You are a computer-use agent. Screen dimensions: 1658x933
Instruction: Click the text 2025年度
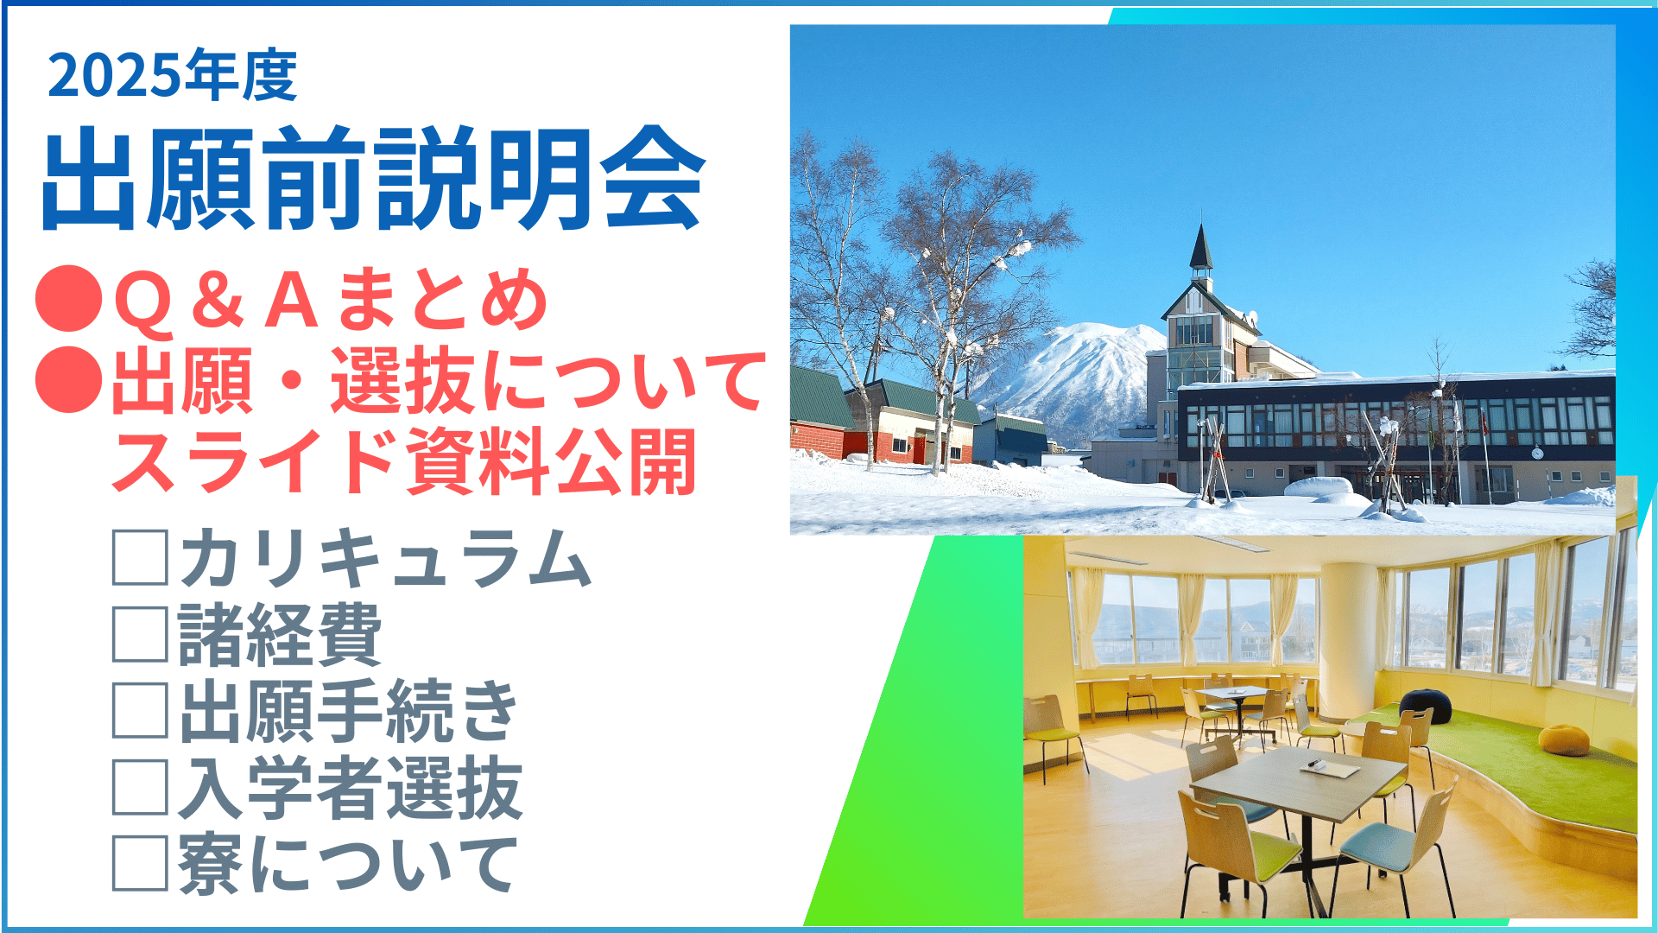[173, 75]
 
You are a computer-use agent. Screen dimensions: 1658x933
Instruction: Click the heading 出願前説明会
[374, 179]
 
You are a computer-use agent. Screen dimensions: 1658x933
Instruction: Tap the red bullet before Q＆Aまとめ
[69, 298]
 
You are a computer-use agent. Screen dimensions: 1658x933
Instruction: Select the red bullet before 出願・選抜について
[69, 379]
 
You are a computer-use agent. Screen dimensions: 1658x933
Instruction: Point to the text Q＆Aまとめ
[331, 299]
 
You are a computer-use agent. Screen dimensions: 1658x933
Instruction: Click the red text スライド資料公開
[403, 462]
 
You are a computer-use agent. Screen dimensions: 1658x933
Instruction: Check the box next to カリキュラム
[140, 558]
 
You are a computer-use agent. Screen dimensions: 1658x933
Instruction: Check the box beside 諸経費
[140, 634]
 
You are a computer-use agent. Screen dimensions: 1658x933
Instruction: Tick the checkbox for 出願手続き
[140, 710]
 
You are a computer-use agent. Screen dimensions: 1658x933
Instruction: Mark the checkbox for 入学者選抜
[140, 787]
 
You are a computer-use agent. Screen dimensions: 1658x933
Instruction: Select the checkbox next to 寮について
[140, 863]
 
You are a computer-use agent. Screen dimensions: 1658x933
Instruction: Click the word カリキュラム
[385, 558]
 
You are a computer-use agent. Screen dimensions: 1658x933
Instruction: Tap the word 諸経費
[280, 635]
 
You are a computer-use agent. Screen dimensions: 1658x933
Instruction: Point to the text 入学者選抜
[351, 788]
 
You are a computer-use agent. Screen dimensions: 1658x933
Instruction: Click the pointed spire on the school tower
[1200, 246]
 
